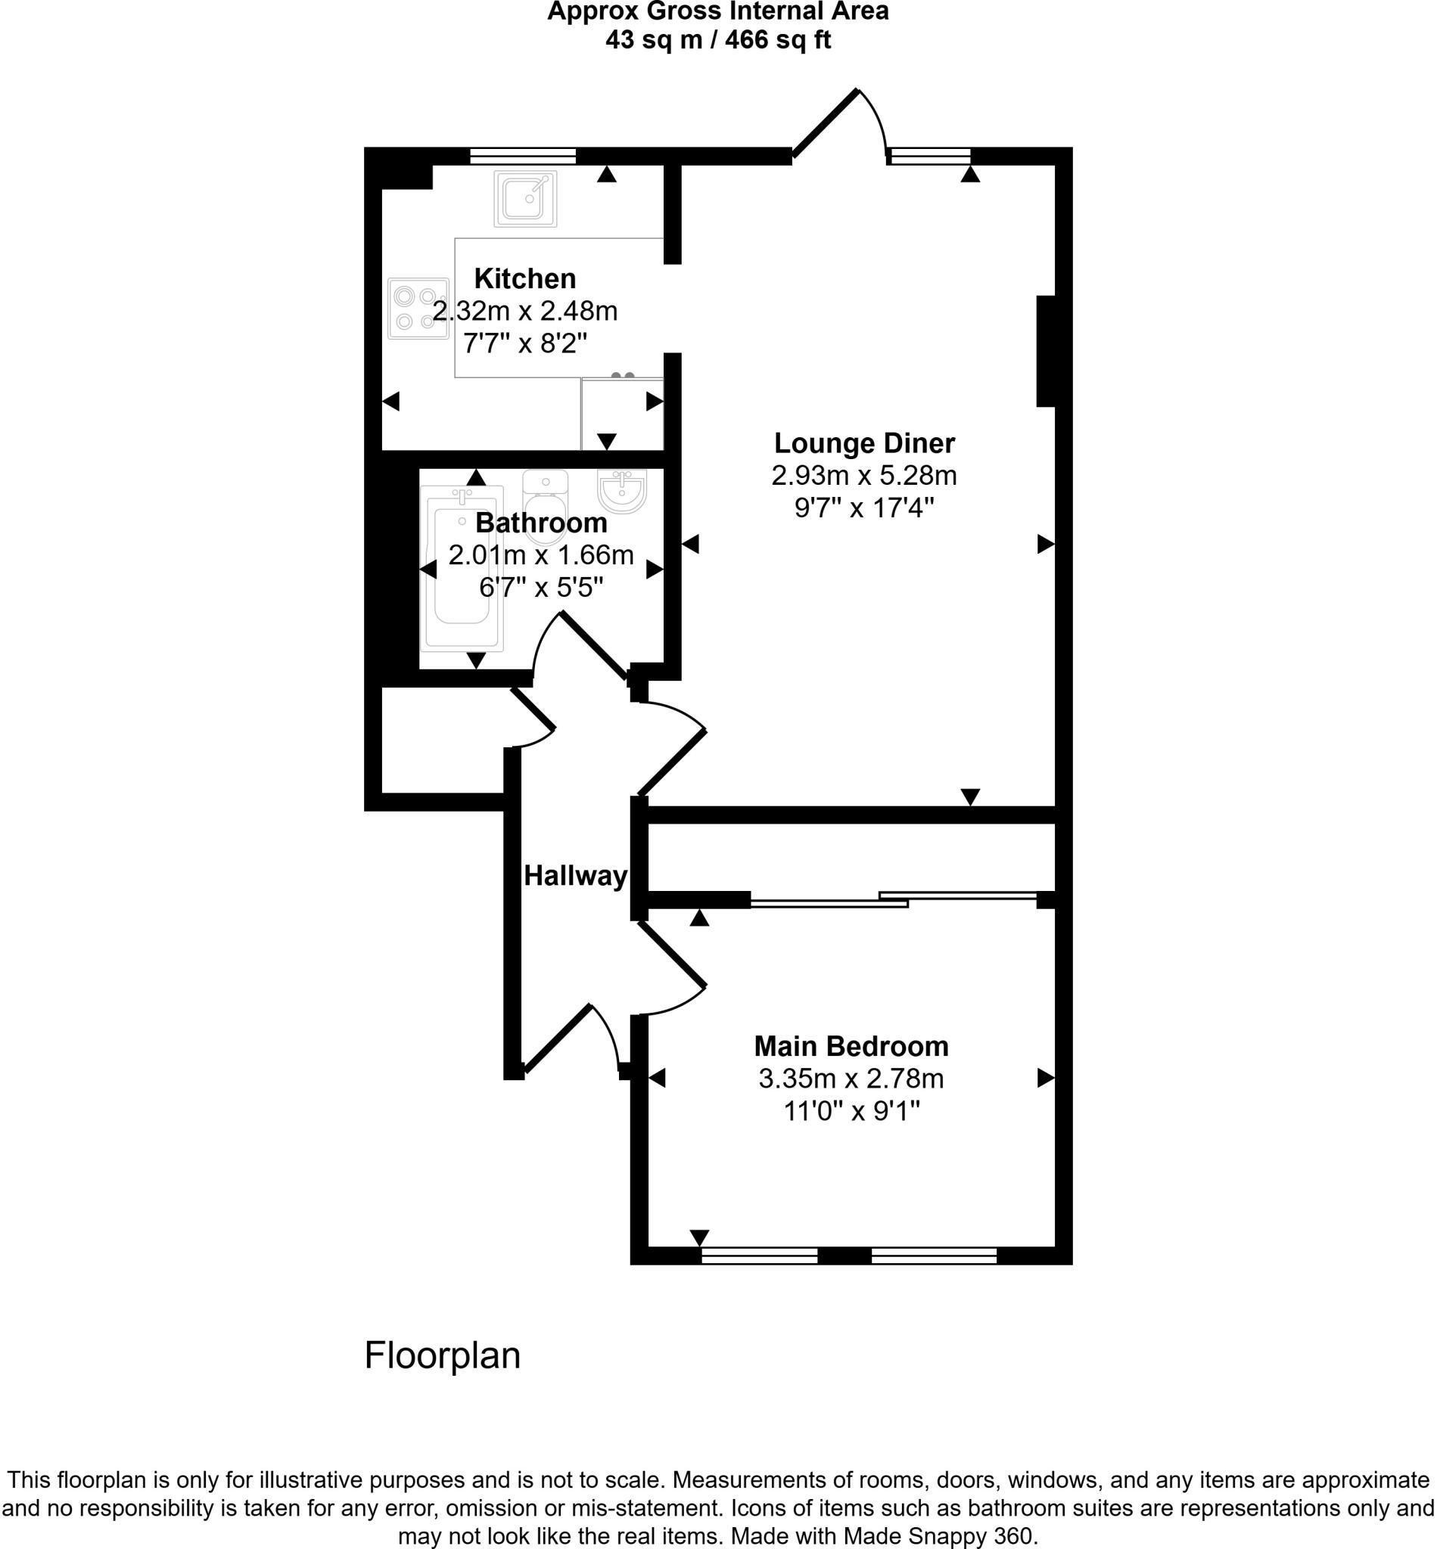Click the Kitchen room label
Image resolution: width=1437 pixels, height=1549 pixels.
coord(525,278)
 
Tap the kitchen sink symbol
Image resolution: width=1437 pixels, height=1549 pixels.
coord(525,198)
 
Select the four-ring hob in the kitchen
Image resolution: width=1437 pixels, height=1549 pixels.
coord(418,308)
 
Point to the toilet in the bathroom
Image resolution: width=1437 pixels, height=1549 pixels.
coord(546,505)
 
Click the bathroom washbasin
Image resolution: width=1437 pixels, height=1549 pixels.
coord(621,490)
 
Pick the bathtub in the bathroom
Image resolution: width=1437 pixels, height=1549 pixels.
coord(461,568)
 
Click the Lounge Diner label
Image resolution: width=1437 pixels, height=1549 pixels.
coord(864,443)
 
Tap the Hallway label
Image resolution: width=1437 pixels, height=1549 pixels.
coord(575,876)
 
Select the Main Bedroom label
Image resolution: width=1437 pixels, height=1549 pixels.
coord(851,1046)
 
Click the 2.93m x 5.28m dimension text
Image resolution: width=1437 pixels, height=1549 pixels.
coord(864,475)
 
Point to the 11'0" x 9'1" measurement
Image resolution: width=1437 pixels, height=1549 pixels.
coord(851,1111)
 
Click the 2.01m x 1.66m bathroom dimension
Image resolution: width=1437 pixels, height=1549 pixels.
coord(541,555)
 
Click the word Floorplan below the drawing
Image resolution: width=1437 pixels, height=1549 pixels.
coord(443,1355)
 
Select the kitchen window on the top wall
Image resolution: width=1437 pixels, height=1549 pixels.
coord(523,157)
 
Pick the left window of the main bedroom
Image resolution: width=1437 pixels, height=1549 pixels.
coord(759,1256)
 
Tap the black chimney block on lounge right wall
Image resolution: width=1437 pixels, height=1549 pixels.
coord(1046,350)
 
